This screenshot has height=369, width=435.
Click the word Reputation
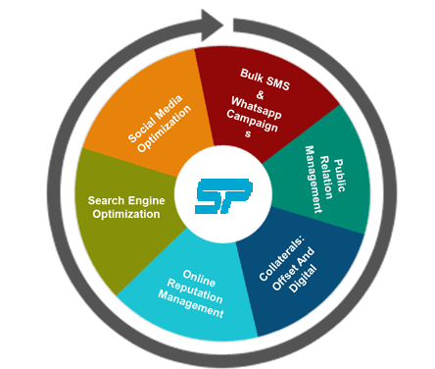[202, 296]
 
